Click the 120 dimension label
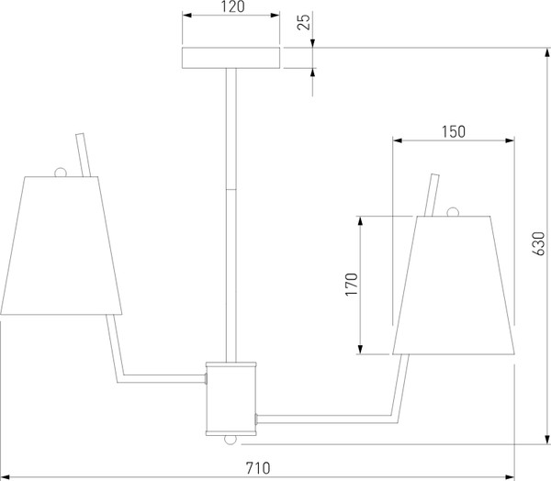click(233, 6)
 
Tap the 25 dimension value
click(304, 22)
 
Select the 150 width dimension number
click(454, 132)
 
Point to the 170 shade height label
click(352, 285)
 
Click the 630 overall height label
click(539, 243)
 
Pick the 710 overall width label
click(258, 468)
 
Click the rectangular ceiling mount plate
click(231, 58)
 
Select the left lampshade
click(62, 245)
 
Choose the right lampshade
click(454, 285)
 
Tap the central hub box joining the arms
click(231, 398)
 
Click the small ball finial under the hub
click(231, 440)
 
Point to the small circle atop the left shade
click(60, 173)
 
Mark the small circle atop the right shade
click(453, 212)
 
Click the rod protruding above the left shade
click(84, 154)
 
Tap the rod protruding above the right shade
click(432, 195)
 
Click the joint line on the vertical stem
click(231, 190)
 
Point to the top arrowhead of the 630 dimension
click(547, 52)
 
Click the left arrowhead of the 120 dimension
click(187, 15)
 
